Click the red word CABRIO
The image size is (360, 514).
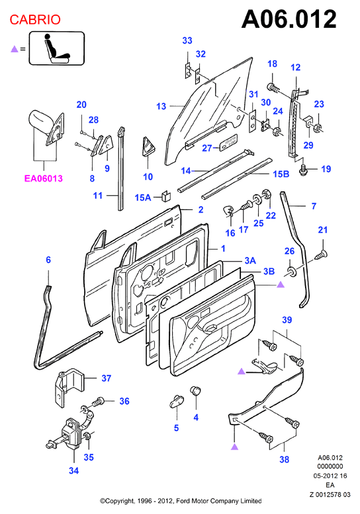35,20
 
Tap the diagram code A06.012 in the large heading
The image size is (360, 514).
289,19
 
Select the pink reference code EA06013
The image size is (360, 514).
43,178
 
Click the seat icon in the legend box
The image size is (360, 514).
57,48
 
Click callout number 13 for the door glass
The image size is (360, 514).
161,106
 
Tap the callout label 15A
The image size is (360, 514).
143,197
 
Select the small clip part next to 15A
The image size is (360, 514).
166,195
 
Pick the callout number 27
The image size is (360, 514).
206,148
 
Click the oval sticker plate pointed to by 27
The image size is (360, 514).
229,142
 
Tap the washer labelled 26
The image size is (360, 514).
291,272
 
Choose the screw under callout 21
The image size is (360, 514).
322,254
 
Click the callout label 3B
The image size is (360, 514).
269,272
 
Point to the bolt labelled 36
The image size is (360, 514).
99,401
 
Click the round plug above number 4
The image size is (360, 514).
196,391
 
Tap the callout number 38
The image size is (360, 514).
285,460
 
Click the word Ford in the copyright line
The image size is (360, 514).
183,501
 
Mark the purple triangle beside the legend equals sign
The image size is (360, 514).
14,49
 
